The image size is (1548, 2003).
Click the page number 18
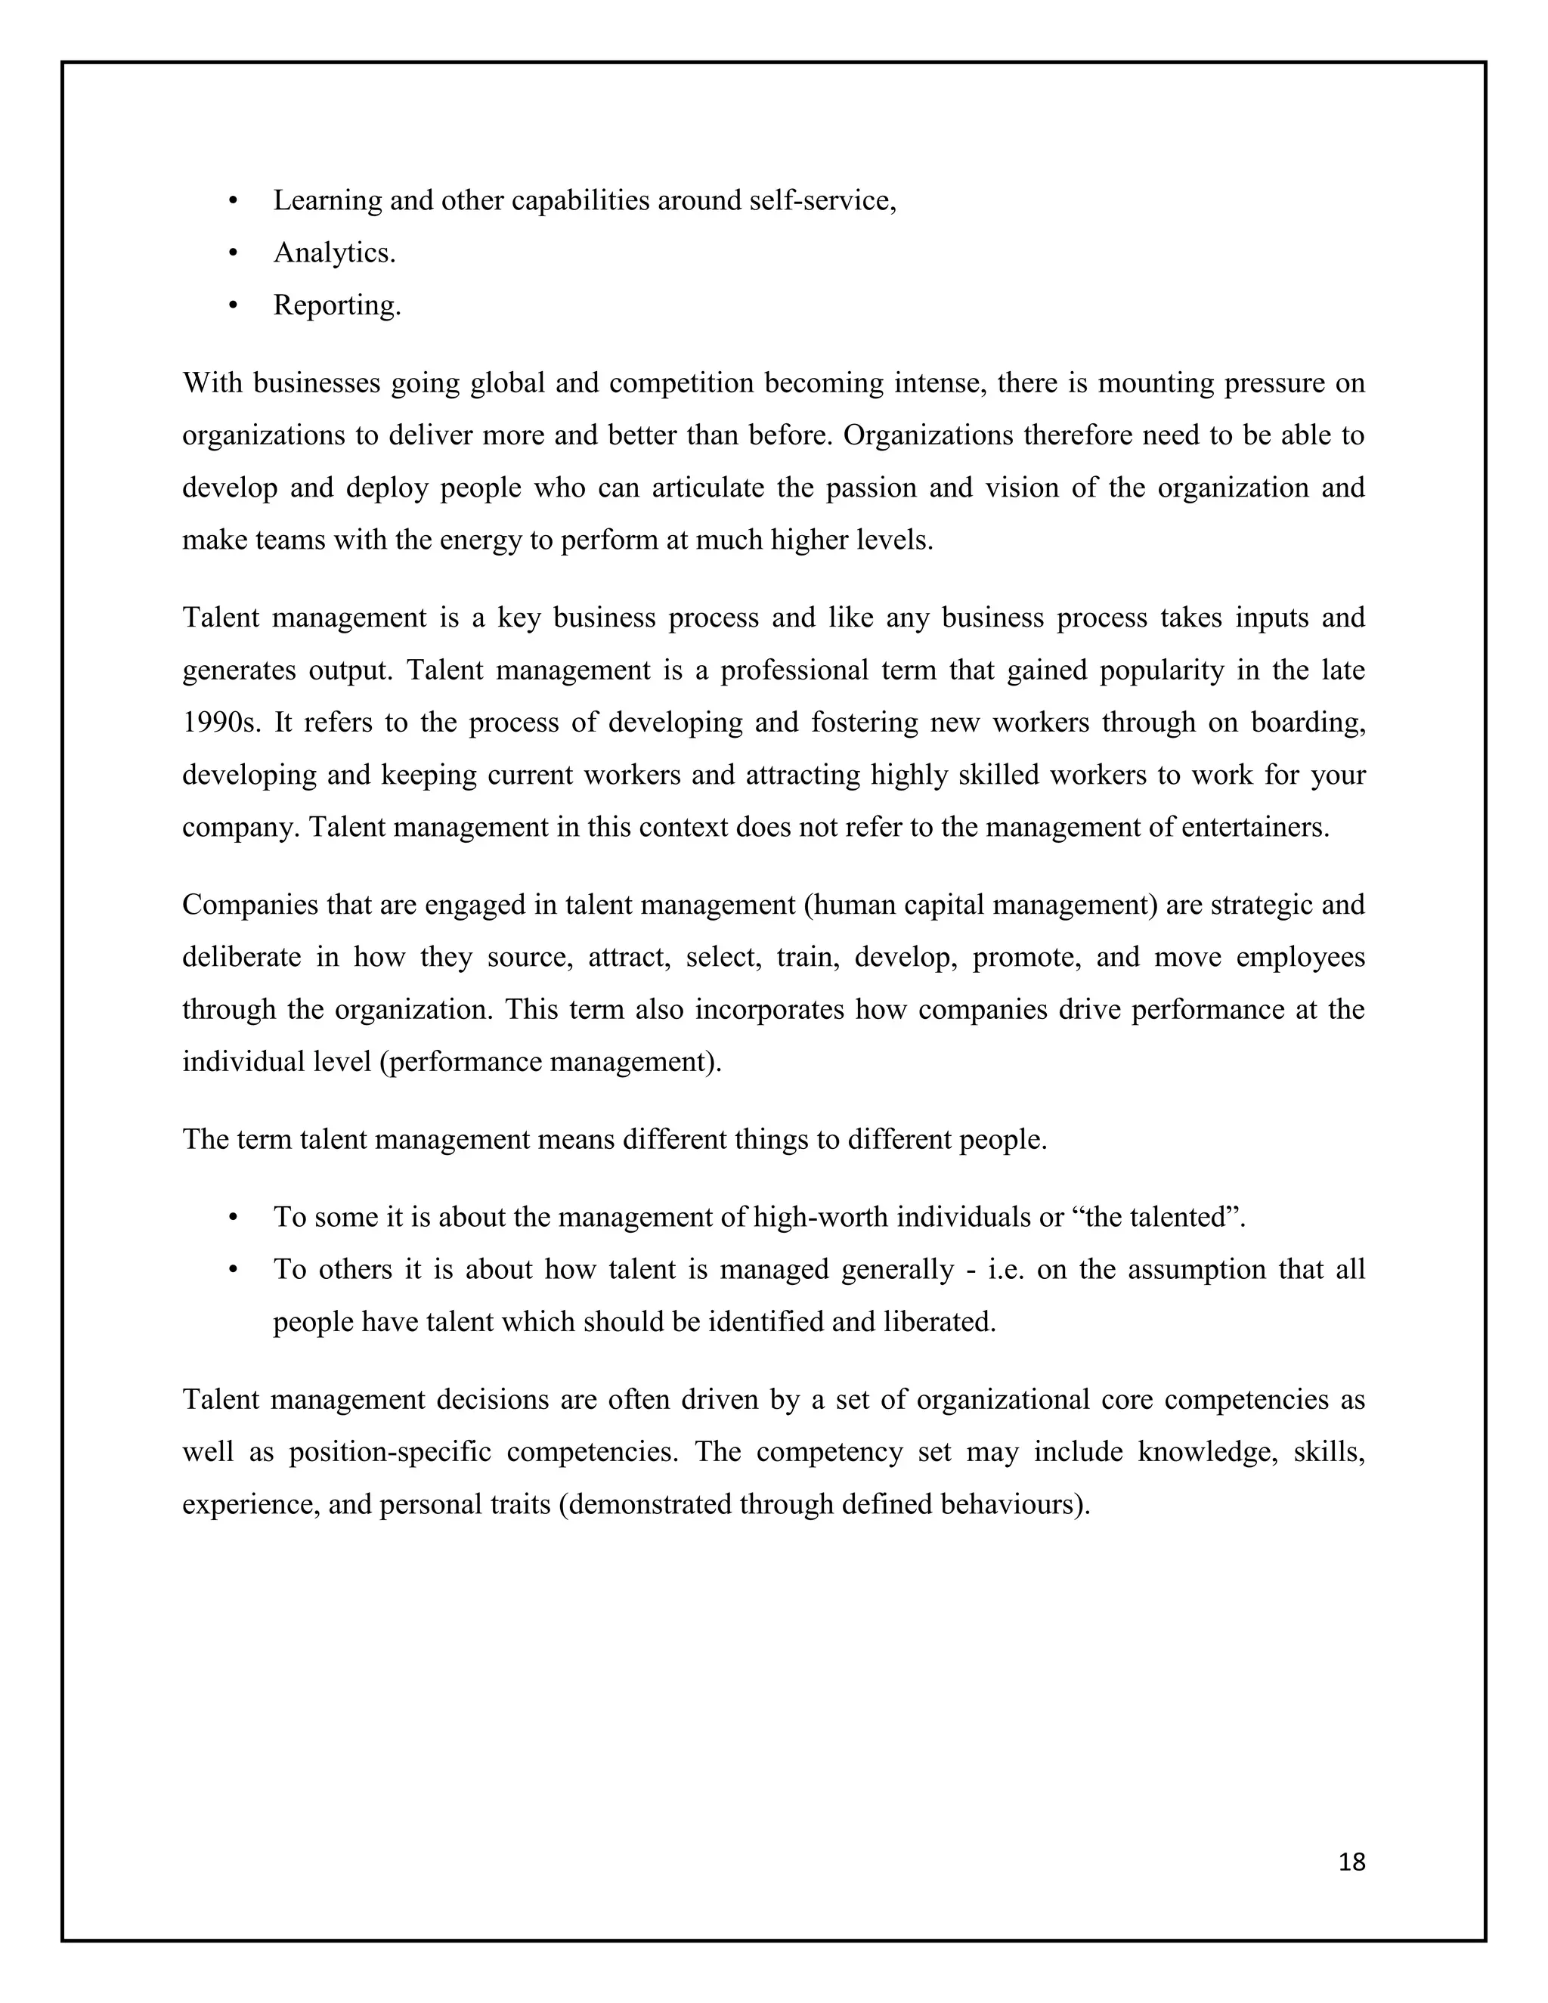[1351, 1862]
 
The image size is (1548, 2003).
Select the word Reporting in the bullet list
[336, 305]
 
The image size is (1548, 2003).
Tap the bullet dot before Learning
[233, 201]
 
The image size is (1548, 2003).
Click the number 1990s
[221, 723]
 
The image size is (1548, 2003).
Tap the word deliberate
[241, 958]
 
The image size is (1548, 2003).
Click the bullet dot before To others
[233, 1271]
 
